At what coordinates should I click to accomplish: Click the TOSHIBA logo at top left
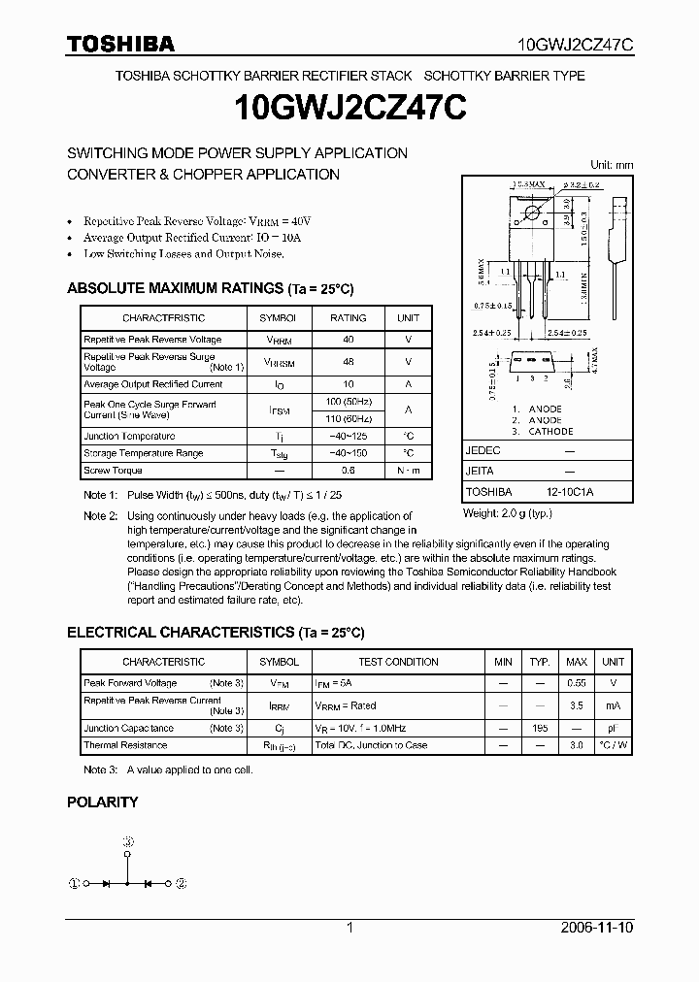click(120, 44)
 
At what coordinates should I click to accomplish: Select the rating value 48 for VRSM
click(349, 361)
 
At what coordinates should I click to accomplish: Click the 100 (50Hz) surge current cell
click(349, 401)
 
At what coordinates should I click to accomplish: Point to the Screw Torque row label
click(113, 471)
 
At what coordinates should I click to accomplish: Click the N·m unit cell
click(409, 471)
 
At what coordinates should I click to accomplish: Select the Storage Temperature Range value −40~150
click(349, 453)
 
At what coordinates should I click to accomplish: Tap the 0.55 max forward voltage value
click(576, 684)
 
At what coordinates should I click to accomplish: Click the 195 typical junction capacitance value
click(540, 728)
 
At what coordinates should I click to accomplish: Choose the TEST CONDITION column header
click(398, 662)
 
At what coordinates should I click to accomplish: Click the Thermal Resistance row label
click(125, 745)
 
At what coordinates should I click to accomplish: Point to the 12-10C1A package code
click(575, 492)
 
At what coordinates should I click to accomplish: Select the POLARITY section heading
click(102, 802)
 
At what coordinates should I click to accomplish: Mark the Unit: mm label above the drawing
click(612, 165)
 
